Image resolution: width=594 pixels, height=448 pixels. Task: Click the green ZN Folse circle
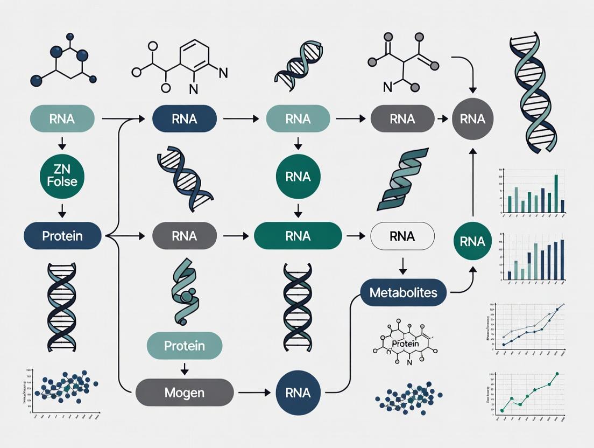pyautogui.click(x=62, y=176)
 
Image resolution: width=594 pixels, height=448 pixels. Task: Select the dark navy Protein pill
pyautogui.click(x=62, y=235)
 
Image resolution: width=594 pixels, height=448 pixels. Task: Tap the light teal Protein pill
pyautogui.click(x=185, y=345)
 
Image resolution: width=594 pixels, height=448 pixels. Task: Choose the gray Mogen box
pyautogui.click(x=185, y=393)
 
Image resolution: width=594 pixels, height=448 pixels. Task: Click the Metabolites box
pyautogui.click(x=403, y=293)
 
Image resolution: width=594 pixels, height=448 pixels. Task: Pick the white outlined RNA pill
pyautogui.click(x=402, y=236)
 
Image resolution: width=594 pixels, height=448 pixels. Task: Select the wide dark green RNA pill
pyautogui.click(x=298, y=236)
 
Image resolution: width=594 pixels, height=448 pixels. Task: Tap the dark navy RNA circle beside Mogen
pyautogui.click(x=298, y=393)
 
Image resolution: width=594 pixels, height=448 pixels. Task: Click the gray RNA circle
pyautogui.click(x=473, y=119)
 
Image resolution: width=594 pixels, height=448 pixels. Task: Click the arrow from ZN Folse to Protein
pyautogui.click(x=62, y=209)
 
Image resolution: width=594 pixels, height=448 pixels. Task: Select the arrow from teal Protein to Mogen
pyautogui.click(x=185, y=368)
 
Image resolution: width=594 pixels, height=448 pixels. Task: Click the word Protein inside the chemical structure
pyautogui.click(x=405, y=344)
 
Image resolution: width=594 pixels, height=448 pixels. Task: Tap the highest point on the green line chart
pyautogui.click(x=557, y=373)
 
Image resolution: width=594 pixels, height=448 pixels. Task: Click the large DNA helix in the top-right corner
pyautogui.click(x=534, y=92)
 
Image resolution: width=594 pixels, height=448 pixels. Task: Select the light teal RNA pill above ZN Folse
pyautogui.click(x=62, y=119)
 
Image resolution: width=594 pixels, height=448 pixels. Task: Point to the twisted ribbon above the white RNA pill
pyautogui.click(x=402, y=180)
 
